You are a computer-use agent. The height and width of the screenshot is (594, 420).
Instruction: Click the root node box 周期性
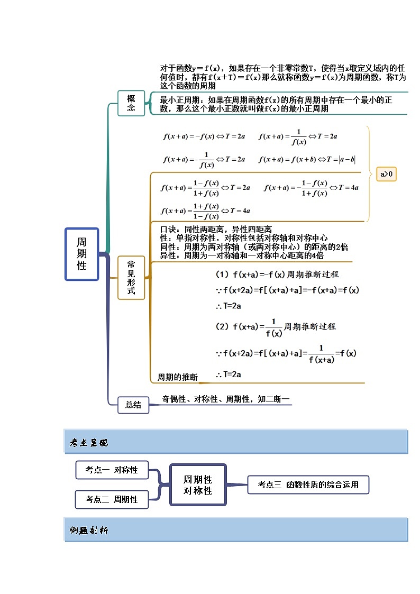82,254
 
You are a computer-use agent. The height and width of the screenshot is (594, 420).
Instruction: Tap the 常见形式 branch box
131,277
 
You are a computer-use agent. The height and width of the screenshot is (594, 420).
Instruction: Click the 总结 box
133,405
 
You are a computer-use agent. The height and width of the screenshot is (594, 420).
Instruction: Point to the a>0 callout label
387,174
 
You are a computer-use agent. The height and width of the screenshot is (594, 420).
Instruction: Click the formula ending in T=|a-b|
307,159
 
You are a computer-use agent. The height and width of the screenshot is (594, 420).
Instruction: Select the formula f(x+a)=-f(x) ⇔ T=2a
204,136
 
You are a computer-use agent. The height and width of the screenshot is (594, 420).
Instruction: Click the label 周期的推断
178,377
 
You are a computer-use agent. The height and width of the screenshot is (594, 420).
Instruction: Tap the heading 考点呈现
89,443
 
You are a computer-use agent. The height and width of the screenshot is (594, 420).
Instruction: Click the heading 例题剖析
89,531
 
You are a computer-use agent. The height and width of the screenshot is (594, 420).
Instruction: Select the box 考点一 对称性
112,470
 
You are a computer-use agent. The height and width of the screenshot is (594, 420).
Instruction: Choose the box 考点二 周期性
112,499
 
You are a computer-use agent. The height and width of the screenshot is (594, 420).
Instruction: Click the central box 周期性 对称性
198,485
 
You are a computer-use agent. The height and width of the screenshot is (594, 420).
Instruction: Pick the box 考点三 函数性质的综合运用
308,484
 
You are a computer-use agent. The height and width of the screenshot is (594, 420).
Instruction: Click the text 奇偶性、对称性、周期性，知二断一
226,399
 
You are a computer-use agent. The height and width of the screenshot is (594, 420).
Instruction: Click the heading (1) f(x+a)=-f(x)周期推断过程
277,275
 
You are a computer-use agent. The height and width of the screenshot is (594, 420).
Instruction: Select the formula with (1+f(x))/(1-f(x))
206,211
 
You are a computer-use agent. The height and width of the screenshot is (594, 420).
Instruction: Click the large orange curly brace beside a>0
368,173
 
